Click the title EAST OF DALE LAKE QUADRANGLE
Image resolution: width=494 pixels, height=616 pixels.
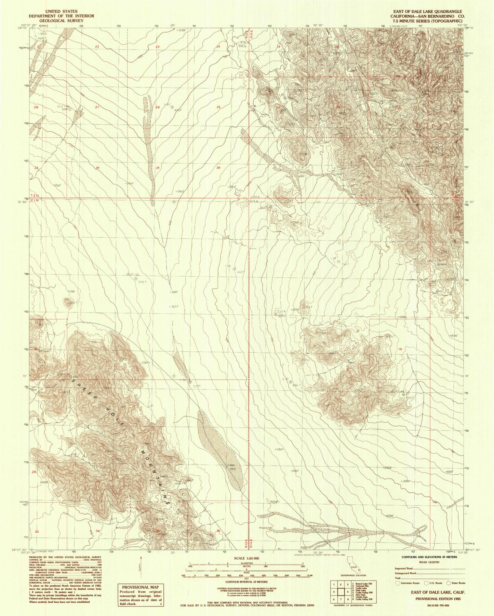click(430, 11)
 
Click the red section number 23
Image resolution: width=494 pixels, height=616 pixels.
click(158, 47)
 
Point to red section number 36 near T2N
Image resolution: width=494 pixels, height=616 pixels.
click(218, 168)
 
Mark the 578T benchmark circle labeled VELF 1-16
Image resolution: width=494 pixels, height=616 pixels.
click(136, 279)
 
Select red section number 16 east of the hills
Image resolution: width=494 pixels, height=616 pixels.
click(400, 349)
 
